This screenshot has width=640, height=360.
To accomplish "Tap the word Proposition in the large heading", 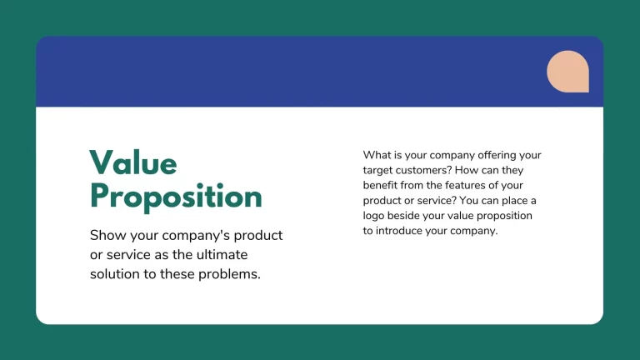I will click(x=176, y=197).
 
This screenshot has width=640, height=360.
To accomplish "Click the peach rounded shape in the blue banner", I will click(x=567, y=71).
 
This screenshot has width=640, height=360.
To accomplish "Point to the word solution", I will click(x=115, y=273).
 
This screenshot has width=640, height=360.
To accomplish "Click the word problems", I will click(x=231, y=273).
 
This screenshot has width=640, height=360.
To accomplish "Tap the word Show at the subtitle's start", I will click(x=107, y=235).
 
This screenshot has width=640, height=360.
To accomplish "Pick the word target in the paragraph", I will click(x=380, y=170).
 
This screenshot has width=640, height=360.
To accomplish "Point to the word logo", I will click(x=377, y=216).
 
